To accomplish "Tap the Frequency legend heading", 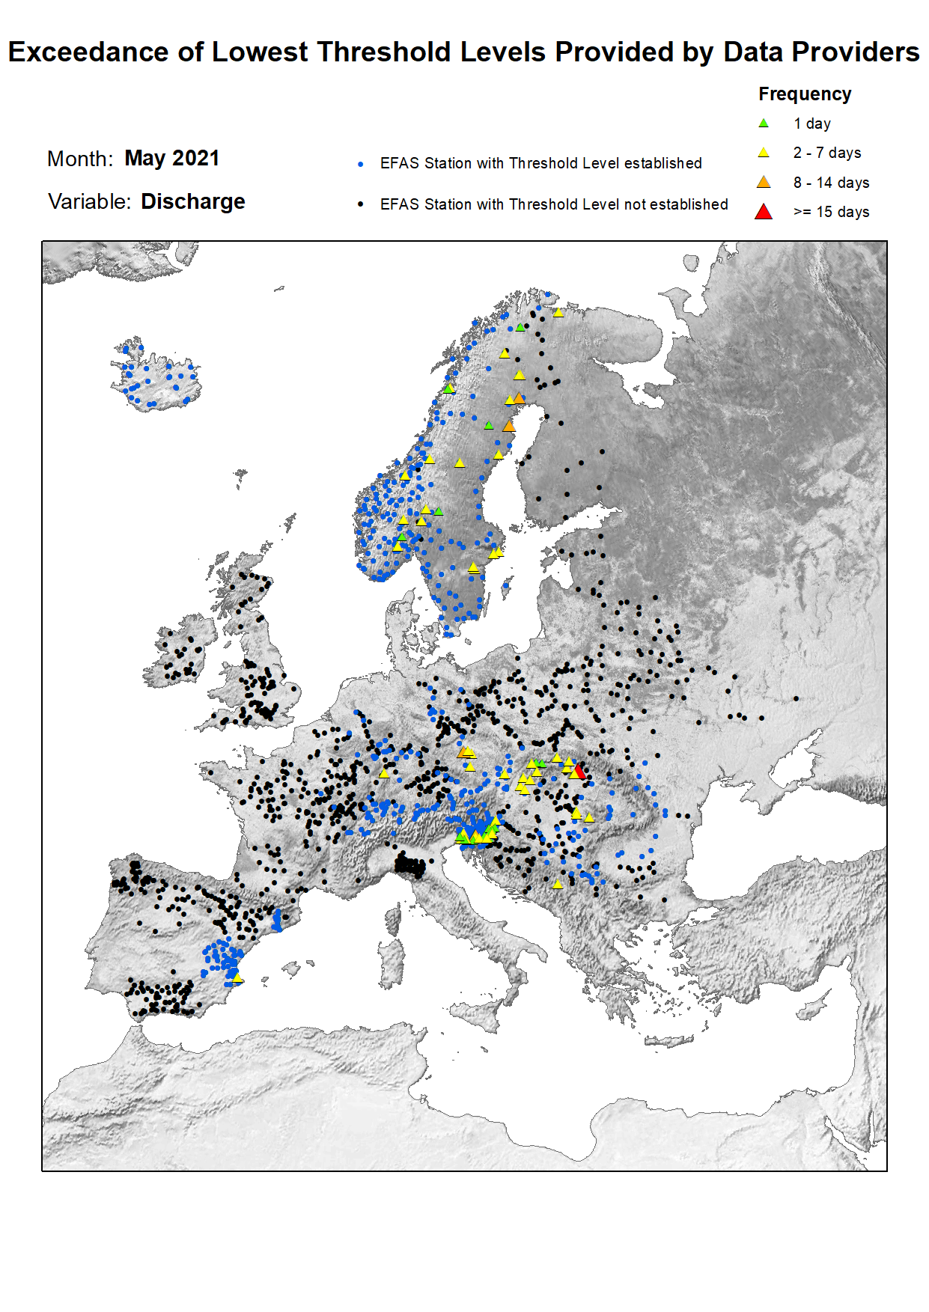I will point(804,94).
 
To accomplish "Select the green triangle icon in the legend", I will point(763,123).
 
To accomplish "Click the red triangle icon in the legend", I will point(763,212).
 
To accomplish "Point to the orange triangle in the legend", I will point(763,183).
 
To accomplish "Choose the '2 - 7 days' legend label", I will point(826,153).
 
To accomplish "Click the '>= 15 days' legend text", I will point(831,212).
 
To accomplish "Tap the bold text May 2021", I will point(171,159).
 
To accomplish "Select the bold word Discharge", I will point(192,202).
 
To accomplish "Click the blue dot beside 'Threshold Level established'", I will point(361,164).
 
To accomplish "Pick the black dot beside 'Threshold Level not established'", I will point(361,204).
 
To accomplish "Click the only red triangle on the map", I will point(580,771).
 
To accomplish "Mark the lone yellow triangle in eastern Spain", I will point(237,977).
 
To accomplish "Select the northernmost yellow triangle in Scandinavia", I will point(558,313).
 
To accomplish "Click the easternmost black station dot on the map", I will point(796,699).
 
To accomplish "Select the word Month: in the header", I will point(80,159).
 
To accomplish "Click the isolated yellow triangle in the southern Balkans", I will point(558,885).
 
